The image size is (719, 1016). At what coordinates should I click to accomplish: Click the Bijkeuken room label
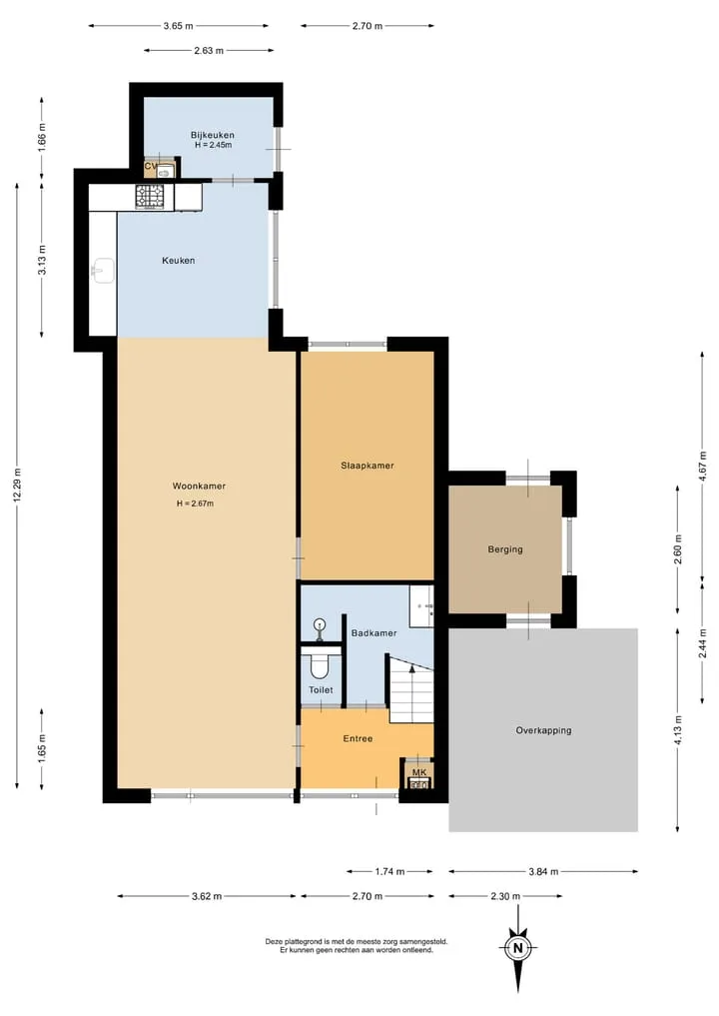tap(213, 135)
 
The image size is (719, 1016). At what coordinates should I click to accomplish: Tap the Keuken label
tap(178, 261)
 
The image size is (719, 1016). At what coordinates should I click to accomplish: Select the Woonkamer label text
tap(199, 486)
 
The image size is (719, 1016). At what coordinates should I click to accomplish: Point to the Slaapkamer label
tap(367, 466)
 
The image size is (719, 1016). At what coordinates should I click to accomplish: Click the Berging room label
tap(505, 549)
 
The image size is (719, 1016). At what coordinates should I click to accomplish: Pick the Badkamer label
tap(373, 633)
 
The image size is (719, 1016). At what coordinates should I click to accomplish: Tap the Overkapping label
tap(543, 730)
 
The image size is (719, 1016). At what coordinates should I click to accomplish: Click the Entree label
tap(358, 738)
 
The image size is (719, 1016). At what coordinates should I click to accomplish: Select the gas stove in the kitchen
tap(150, 197)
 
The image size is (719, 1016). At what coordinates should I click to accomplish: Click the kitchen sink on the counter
tap(103, 271)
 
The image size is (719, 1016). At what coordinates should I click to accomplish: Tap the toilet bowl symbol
tap(320, 665)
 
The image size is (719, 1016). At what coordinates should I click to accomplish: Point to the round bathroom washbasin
tap(319, 626)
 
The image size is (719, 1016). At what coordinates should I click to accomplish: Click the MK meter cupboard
tap(419, 776)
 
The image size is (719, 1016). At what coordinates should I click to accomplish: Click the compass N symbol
tap(517, 949)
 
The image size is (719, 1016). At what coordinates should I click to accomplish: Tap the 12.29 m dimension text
tap(17, 486)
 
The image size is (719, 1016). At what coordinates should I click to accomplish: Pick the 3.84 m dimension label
tap(543, 871)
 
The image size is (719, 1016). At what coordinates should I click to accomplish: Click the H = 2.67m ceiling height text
tap(195, 504)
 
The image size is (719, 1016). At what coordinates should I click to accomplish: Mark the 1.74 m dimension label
tap(389, 871)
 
